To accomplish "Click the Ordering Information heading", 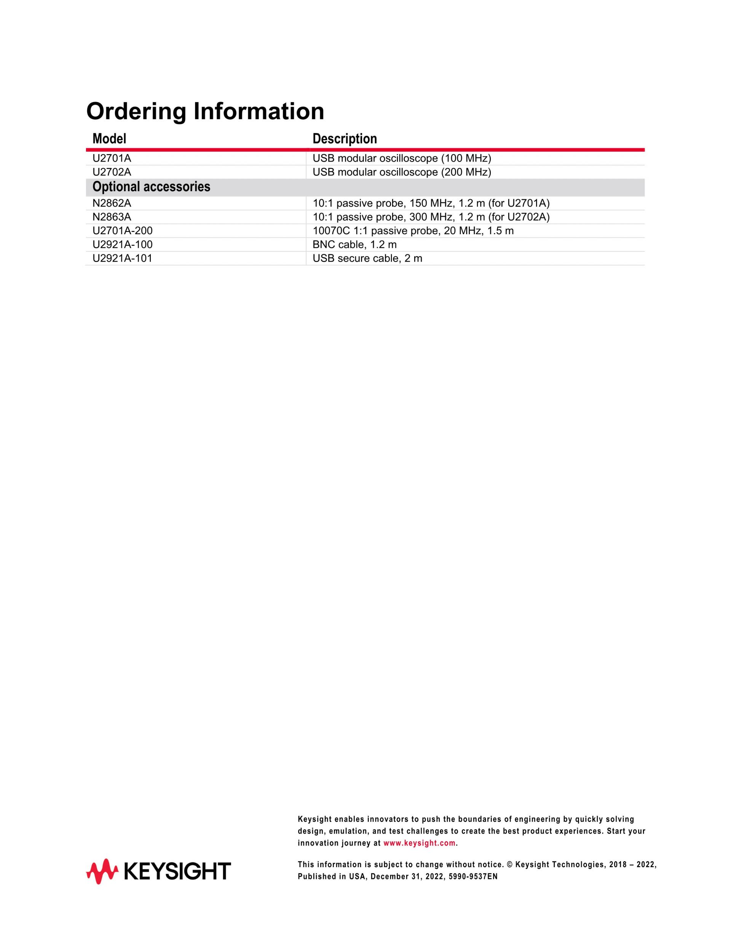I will tap(205, 111).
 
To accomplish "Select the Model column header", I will tap(109, 139).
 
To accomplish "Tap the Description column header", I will tap(344, 139).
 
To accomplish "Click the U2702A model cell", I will tap(112, 172).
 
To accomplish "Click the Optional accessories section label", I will tap(151, 187).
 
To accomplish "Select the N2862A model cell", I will tap(112, 203).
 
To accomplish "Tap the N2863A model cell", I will tap(112, 217).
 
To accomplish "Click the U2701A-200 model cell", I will tap(123, 231).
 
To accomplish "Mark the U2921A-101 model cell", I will tap(123, 259).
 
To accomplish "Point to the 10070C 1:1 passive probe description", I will tap(413, 231).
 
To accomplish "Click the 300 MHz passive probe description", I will tap(431, 217).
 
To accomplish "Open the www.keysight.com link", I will tap(419, 843).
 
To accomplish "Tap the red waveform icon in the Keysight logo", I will tap(102, 871).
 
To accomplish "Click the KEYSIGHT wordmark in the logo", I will tap(177, 871).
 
